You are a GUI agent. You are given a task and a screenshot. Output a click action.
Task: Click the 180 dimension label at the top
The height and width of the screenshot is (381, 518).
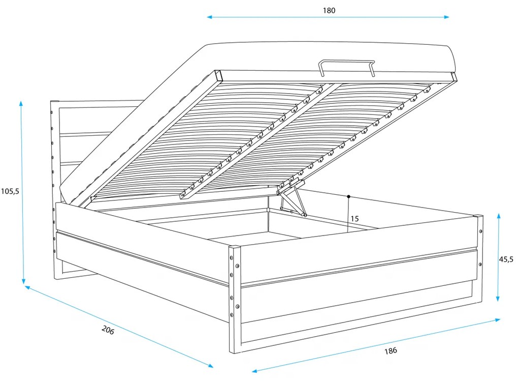pyautogui.click(x=329, y=10)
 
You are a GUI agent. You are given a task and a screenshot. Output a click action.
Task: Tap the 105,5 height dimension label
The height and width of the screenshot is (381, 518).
pyautogui.click(x=10, y=191)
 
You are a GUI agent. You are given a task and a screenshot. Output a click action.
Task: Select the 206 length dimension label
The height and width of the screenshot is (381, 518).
pyautogui.click(x=108, y=330)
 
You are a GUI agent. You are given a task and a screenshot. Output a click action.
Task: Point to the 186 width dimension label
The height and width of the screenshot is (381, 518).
pyautogui.click(x=390, y=350)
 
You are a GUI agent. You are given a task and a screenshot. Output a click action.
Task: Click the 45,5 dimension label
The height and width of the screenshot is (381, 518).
pyautogui.click(x=506, y=259)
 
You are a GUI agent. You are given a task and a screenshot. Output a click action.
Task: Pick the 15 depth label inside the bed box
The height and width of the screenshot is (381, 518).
pyautogui.click(x=354, y=219)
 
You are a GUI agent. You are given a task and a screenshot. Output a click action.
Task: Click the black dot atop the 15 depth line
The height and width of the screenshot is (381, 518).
pyautogui.click(x=348, y=196)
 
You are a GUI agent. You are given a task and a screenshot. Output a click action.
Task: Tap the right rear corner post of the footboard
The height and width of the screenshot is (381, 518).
pyautogui.click(x=479, y=259)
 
